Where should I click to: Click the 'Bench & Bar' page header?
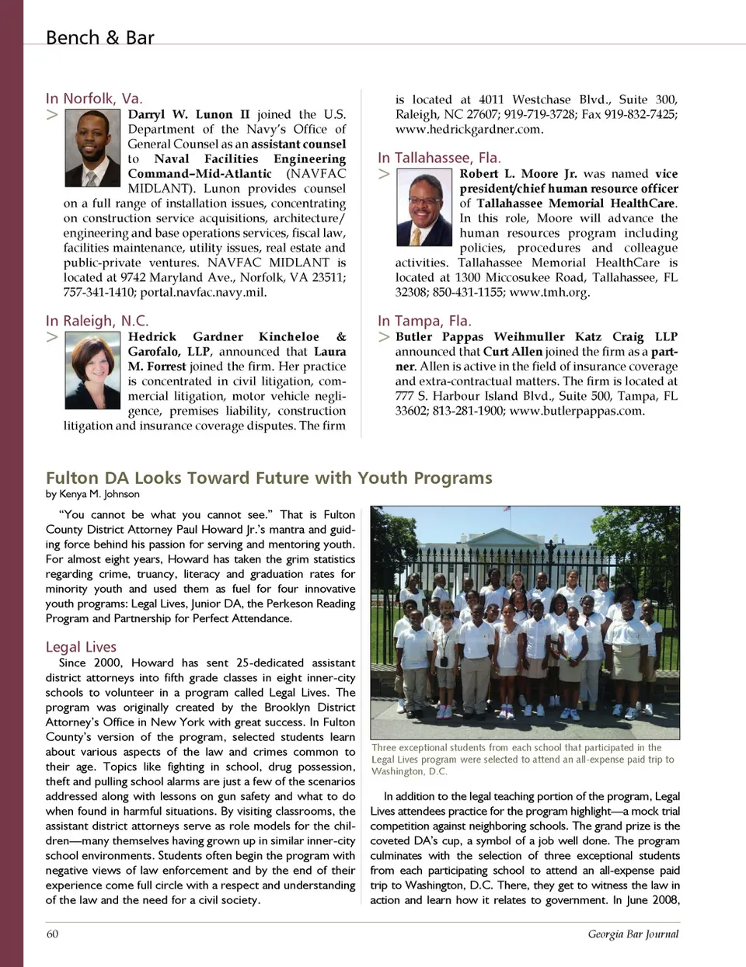pyautogui.click(x=99, y=37)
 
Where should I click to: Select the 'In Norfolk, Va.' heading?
pyautogui.click(x=94, y=98)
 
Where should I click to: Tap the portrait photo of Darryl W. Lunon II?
pyautogui.click(x=92, y=148)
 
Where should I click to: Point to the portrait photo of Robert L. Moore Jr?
pyautogui.click(x=424, y=208)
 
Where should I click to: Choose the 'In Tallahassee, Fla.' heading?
pyautogui.click(x=439, y=158)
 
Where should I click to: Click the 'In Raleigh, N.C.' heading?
pyautogui.click(x=96, y=321)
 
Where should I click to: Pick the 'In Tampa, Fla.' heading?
pyautogui.click(x=424, y=321)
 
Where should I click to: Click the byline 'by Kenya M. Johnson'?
pyautogui.click(x=92, y=494)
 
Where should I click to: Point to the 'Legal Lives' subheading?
pyautogui.click(x=81, y=647)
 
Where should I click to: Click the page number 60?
pyautogui.click(x=52, y=934)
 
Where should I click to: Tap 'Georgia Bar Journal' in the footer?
pyautogui.click(x=633, y=934)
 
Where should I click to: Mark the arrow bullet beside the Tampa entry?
pyautogui.click(x=384, y=337)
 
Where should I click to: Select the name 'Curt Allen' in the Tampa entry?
pyautogui.click(x=512, y=352)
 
